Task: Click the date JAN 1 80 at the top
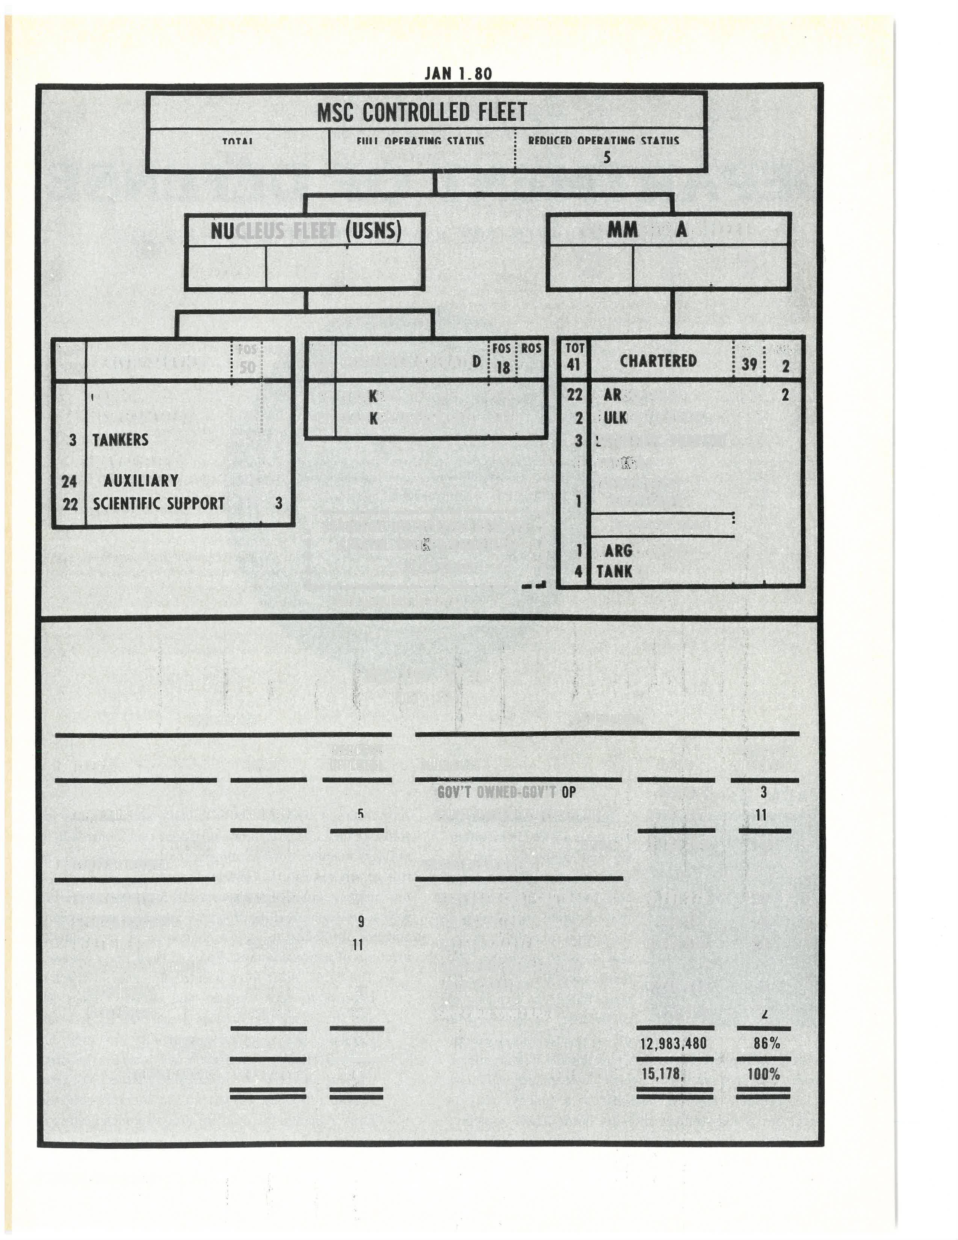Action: [x=458, y=74]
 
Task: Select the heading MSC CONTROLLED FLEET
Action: [x=422, y=112]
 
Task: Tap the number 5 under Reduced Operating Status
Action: [x=607, y=157]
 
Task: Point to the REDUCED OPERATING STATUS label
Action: [x=603, y=140]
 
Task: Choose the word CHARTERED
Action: [x=658, y=361]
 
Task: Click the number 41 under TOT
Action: [x=574, y=364]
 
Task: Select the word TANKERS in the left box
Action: [x=120, y=440]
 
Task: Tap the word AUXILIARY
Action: [x=141, y=481]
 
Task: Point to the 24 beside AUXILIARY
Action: [x=69, y=481]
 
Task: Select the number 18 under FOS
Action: [x=503, y=368]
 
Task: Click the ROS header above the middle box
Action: [x=531, y=348]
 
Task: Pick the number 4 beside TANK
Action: [x=578, y=571]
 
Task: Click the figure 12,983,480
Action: [x=673, y=1043]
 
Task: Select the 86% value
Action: [x=767, y=1043]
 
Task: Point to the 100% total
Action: [x=763, y=1074]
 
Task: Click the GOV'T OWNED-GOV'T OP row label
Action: [x=506, y=792]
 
